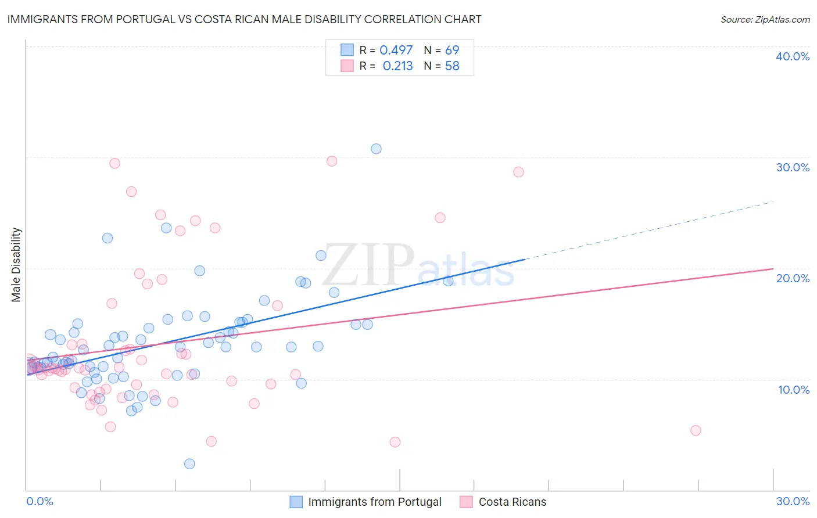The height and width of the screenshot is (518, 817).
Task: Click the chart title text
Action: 244,19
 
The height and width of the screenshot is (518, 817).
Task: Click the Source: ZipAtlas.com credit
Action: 765,19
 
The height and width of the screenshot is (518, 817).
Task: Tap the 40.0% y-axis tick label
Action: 793,56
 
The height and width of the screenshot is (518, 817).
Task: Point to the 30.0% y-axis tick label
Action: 793,167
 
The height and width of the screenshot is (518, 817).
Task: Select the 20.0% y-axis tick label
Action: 793,278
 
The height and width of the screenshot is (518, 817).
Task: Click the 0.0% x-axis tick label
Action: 40,501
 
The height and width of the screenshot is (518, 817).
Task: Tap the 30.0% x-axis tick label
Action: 793,501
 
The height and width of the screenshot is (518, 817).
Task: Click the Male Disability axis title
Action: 16,265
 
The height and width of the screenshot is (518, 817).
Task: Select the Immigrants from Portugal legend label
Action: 375,502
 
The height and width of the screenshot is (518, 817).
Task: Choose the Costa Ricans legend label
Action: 513,502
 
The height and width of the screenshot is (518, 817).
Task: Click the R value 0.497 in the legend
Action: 396,50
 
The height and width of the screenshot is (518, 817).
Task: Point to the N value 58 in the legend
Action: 452,66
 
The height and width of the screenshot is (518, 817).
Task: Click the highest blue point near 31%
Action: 376,149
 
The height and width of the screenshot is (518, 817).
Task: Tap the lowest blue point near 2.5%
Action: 189,463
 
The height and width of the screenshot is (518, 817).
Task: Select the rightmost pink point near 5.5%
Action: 696,430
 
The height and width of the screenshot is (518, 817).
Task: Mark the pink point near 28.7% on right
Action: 518,172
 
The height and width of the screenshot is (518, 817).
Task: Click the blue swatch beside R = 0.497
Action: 347,50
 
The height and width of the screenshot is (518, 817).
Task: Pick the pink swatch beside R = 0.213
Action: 347,66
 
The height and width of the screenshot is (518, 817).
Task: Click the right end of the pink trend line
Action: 773,269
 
